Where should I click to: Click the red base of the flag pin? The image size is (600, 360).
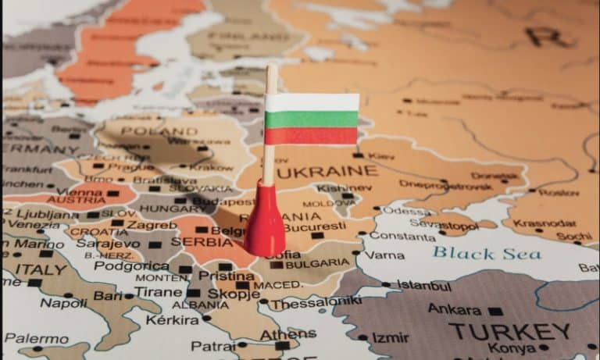coord(265,226)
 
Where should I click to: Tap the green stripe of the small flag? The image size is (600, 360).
coord(312,119)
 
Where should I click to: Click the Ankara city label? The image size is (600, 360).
coord(454,309)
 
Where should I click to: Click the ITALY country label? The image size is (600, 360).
coord(40,269)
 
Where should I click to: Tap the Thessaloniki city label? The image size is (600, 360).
coord(323,301)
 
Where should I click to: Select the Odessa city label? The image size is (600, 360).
coord(405,211)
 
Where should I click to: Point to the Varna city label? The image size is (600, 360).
coord(384,255)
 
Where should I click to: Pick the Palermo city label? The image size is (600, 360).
coord(36,339)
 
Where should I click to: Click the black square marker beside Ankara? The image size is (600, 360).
coord(495,310)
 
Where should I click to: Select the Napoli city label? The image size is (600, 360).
coord(63,303)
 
